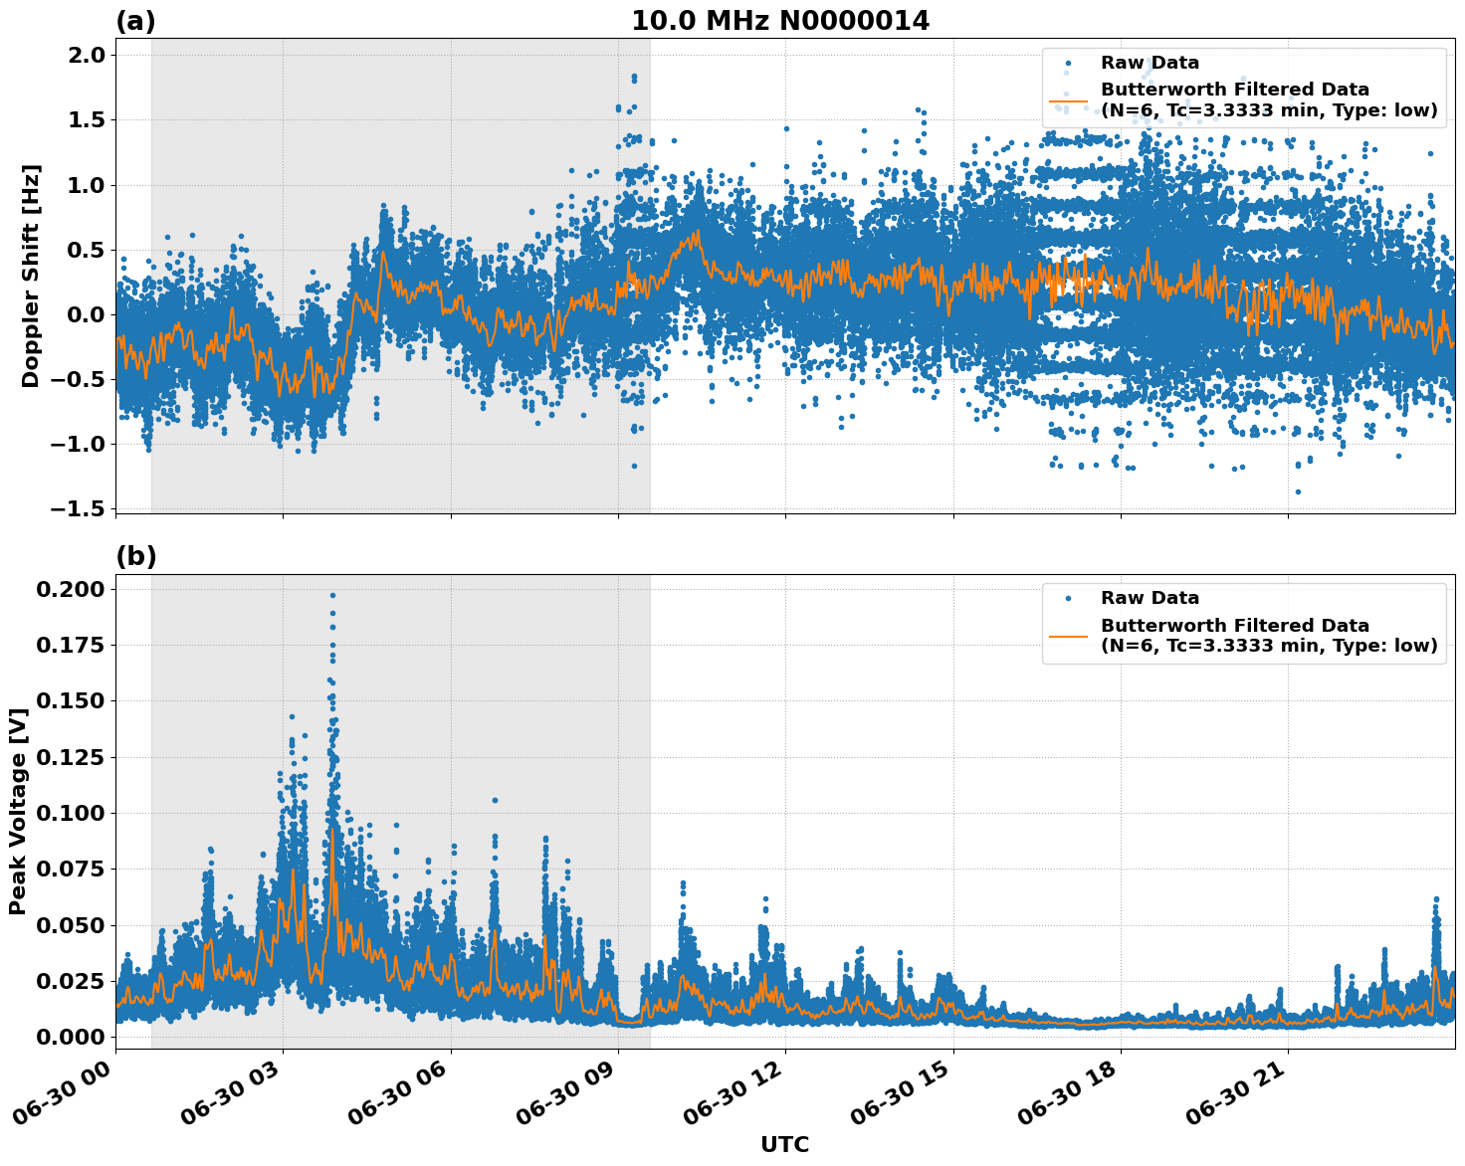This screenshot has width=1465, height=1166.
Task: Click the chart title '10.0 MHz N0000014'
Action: (780, 21)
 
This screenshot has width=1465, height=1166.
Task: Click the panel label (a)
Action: (135, 21)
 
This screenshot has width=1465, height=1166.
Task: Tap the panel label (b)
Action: (135, 556)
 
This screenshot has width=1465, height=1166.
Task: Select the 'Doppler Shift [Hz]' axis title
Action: (31, 276)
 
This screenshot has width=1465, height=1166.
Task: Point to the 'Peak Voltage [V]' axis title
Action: (17, 811)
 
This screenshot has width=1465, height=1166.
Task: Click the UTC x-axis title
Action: (784, 1144)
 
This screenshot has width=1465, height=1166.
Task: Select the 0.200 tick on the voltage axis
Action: (70, 590)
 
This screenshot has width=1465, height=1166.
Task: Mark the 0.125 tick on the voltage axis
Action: (70, 758)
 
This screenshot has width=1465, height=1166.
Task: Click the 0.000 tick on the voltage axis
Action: (70, 1037)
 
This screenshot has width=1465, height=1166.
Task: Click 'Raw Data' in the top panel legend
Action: (1150, 64)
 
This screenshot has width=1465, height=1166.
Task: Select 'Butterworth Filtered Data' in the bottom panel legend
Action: (1234, 626)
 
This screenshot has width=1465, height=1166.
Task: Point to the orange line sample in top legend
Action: (1067, 100)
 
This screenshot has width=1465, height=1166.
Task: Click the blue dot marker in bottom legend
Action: (1067, 599)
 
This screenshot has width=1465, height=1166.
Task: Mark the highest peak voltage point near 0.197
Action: (332, 595)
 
